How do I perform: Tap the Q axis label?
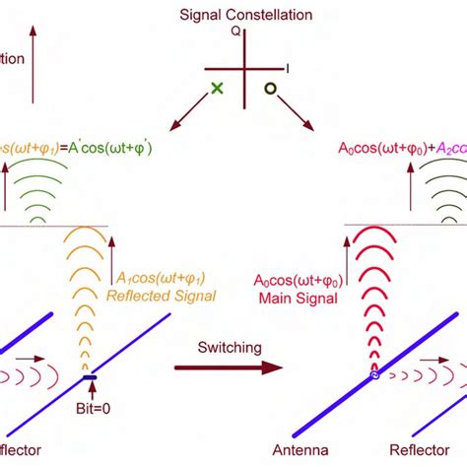pos(235,31)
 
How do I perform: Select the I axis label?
pos(288,67)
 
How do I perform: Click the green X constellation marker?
pos(217,89)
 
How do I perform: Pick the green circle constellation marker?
pos(268,89)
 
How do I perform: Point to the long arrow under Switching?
pos(227,367)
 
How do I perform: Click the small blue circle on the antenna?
pos(373,375)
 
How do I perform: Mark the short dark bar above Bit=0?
pos(90,377)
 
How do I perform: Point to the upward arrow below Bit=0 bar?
pos(90,391)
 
